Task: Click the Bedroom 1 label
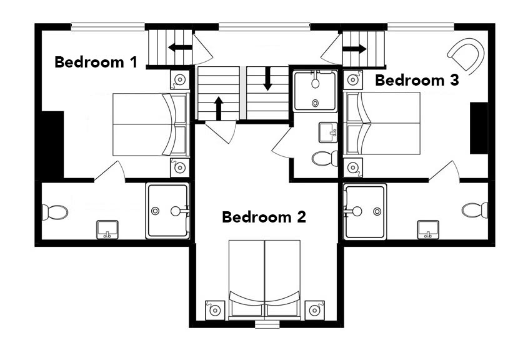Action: pyautogui.click(x=96, y=62)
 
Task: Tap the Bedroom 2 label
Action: pyautogui.click(x=264, y=217)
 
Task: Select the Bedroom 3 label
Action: pyautogui.click(x=417, y=81)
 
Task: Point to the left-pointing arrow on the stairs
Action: pyautogui.click(x=180, y=47)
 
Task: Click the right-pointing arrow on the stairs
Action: pyautogui.click(x=354, y=49)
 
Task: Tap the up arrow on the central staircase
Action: pyautogui.click(x=218, y=108)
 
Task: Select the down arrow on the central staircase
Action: pyautogui.click(x=267, y=79)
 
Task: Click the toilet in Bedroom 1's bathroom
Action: pyautogui.click(x=55, y=212)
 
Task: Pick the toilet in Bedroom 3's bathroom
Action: pyautogui.click(x=475, y=210)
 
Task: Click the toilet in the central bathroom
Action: pyautogui.click(x=325, y=158)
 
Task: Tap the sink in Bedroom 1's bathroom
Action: pyautogui.click(x=107, y=229)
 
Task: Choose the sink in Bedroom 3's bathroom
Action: pyautogui.click(x=428, y=229)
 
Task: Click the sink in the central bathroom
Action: pyautogui.click(x=328, y=132)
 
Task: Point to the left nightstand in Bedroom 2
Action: pyautogui.click(x=216, y=310)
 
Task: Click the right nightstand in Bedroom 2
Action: pyautogui.click(x=314, y=310)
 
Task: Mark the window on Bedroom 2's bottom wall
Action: pyautogui.click(x=267, y=324)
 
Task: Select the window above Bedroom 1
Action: pyautogui.click(x=107, y=27)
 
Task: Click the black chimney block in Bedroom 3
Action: pyautogui.click(x=479, y=128)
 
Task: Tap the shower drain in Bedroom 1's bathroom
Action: pyautogui.click(x=155, y=211)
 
